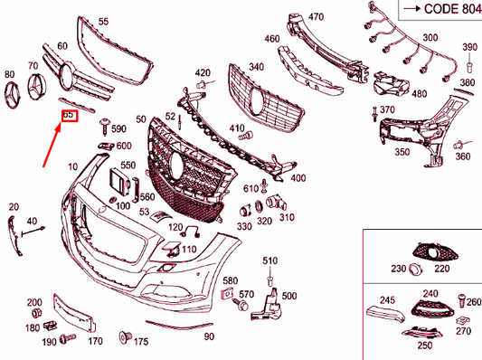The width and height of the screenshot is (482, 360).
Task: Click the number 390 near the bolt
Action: coord(469,47)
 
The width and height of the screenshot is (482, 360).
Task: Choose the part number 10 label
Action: coord(72,168)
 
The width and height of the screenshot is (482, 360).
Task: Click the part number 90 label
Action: coord(209,336)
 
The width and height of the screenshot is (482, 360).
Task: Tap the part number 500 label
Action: coord(289,296)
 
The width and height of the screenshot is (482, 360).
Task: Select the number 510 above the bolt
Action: coord(269,261)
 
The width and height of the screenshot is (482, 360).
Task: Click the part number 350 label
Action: coord(402,153)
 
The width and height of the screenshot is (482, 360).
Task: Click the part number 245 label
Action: coord(387,300)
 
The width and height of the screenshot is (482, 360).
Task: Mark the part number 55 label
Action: coord(103,21)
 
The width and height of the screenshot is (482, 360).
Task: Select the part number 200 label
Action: coord(34,301)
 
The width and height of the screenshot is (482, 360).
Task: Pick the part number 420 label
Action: coord(203,72)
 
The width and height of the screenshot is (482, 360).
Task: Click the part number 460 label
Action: coord(272,40)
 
